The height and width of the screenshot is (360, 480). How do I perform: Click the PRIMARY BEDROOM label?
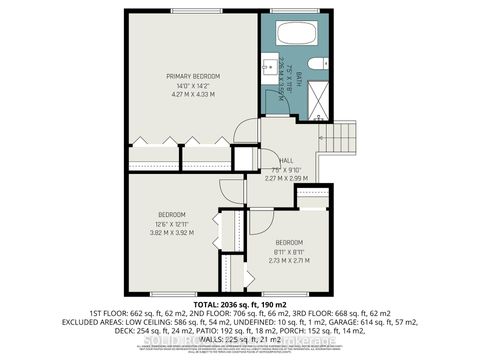(193, 76)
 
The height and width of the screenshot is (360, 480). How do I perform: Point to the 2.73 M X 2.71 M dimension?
(290, 259)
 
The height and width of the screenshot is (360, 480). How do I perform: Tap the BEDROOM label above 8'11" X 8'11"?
(290, 242)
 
